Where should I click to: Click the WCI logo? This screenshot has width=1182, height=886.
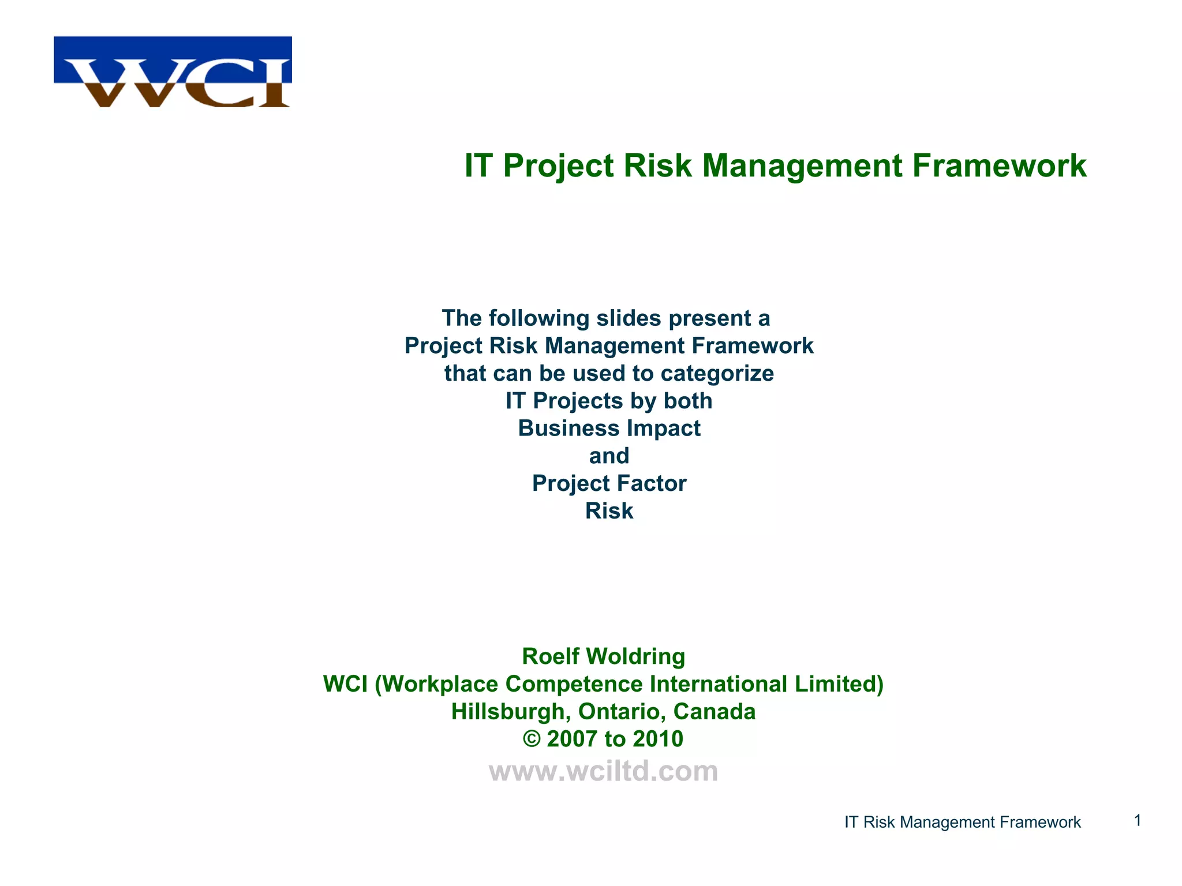[173, 72]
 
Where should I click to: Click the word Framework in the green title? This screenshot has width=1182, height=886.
[999, 166]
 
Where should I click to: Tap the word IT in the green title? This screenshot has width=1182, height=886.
[478, 166]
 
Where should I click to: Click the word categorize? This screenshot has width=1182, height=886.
[717, 373]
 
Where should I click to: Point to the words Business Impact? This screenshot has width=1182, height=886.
[609, 429]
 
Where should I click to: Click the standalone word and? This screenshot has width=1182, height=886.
[609, 456]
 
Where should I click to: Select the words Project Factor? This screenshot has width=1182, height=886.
[609, 483]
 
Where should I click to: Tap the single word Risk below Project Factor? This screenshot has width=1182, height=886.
[609, 511]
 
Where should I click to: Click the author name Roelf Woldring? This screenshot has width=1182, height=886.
[603, 656]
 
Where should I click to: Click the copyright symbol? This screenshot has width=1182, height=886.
[532, 739]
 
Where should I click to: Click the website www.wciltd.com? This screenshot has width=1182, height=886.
[603, 771]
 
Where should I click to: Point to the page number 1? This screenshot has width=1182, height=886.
[1138, 820]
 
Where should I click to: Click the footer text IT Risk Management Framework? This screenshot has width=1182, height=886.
[962, 822]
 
